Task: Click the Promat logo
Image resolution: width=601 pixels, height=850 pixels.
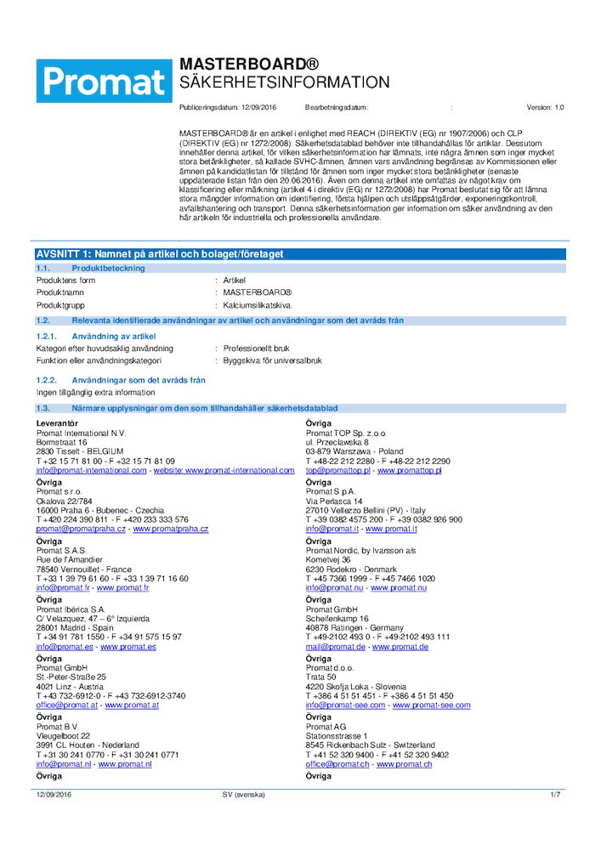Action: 104,81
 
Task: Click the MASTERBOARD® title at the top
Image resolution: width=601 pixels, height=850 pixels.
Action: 249,65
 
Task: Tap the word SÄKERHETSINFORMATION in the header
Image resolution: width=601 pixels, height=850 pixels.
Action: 284,82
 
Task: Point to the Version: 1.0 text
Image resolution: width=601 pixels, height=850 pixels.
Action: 545,108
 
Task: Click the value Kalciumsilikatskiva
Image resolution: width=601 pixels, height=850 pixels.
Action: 258,303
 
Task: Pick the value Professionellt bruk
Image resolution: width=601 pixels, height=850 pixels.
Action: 257,348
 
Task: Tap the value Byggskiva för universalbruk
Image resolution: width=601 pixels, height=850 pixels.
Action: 273,360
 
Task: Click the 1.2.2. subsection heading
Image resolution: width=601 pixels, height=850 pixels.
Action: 121,380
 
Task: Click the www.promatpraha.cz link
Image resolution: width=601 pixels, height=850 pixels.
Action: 170,529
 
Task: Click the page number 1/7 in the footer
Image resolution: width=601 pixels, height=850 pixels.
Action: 555,794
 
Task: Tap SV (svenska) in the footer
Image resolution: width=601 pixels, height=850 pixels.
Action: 243,794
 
